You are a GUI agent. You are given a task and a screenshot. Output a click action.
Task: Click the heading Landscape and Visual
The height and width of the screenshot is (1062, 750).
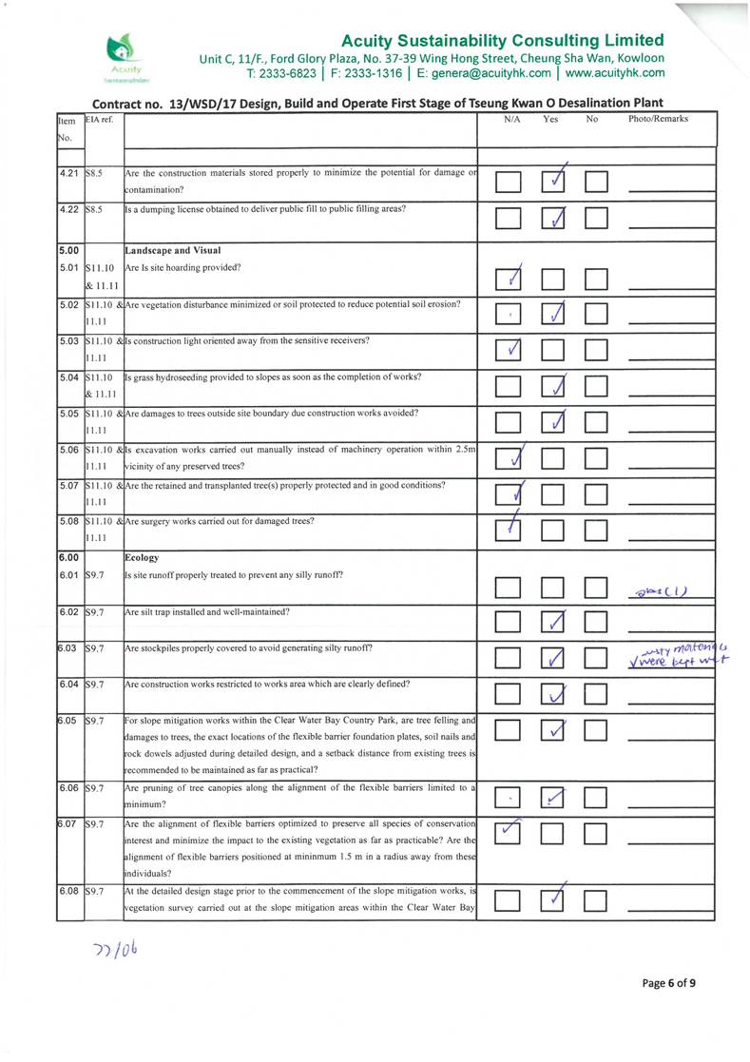[x=170, y=250]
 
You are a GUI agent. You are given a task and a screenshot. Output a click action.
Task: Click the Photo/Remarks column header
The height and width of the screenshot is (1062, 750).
[x=659, y=119]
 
